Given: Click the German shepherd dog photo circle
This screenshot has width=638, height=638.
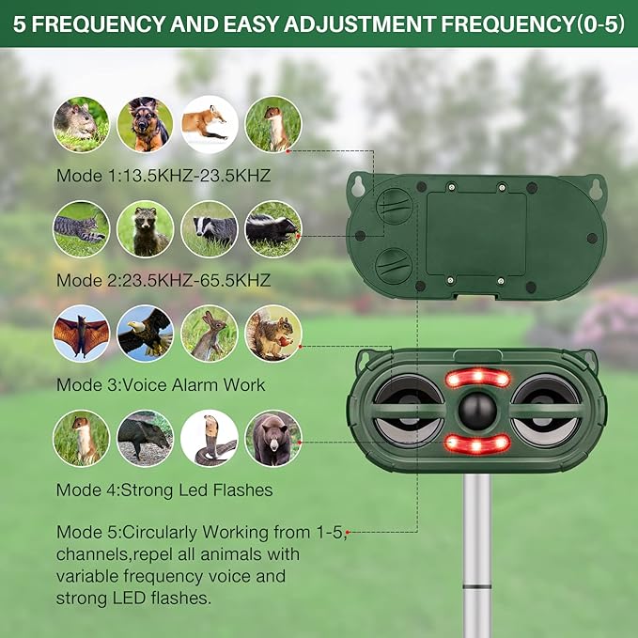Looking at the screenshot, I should pyautogui.click(x=145, y=124).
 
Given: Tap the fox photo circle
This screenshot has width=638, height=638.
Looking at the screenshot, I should pyautogui.click(x=209, y=124).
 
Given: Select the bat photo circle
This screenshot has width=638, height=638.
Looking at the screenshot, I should pyautogui.click(x=81, y=333).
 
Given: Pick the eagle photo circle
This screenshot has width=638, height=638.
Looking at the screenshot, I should pyautogui.click(x=145, y=333).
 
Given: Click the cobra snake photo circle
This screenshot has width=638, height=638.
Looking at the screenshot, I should pyautogui.click(x=209, y=438).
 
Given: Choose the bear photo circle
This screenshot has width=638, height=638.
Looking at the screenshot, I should pyautogui.click(x=272, y=438).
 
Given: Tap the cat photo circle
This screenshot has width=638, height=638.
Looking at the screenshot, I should pyautogui.click(x=81, y=228).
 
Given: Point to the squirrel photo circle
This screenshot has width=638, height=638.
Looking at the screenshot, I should pyautogui.click(x=272, y=333).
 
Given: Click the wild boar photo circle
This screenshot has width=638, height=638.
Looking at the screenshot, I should pyautogui.click(x=145, y=438).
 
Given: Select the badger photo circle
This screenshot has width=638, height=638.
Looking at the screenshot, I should pyautogui.click(x=209, y=228).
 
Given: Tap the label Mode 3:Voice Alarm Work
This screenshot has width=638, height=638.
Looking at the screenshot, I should pyautogui.click(x=161, y=384).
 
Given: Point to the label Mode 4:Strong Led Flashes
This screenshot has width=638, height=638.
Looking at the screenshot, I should pyautogui.click(x=164, y=490).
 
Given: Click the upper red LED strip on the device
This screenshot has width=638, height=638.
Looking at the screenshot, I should pyautogui.click(x=477, y=379).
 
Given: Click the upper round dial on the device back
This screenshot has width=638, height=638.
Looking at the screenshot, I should pyautogui.click(x=395, y=207).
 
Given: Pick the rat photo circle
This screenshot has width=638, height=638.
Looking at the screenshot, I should pyautogui.click(x=81, y=124).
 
